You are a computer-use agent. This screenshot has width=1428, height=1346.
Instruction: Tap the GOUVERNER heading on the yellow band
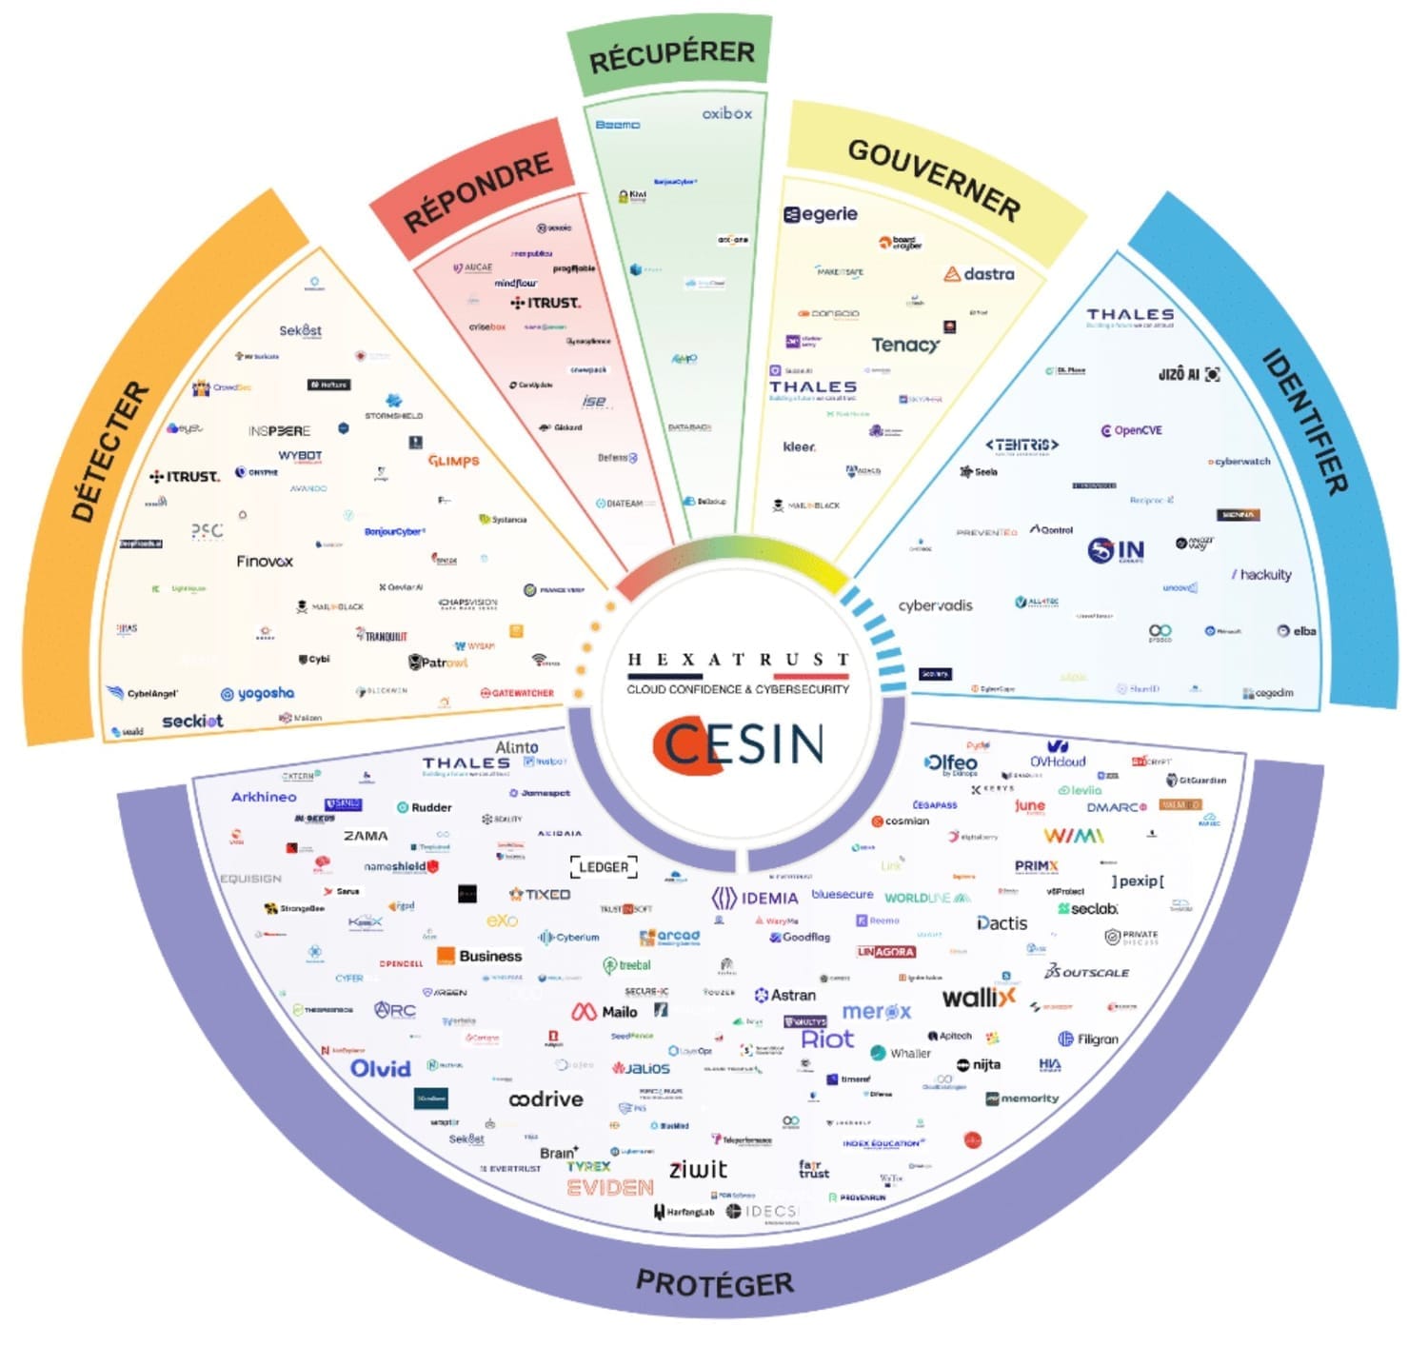click(x=933, y=178)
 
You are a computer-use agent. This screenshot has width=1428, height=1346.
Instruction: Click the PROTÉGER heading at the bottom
click(x=714, y=1283)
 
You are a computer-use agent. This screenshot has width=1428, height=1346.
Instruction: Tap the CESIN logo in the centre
click(x=739, y=744)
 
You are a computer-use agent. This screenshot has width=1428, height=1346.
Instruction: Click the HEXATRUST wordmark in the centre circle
click(x=738, y=660)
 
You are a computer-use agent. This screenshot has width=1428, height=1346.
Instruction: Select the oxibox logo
click(x=727, y=113)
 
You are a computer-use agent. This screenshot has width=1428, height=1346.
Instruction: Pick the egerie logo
click(x=821, y=214)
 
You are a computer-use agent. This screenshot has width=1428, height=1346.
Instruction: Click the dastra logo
click(x=980, y=274)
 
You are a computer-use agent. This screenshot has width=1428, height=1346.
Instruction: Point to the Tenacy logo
click(x=905, y=345)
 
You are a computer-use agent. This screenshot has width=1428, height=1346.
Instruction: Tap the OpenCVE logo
click(x=1132, y=430)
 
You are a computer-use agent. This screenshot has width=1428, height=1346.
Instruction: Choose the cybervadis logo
click(x=935, y=605)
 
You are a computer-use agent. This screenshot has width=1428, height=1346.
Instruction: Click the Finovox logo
click(x=265, y=562)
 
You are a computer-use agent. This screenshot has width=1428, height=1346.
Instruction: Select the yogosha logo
click(x=257, y=694)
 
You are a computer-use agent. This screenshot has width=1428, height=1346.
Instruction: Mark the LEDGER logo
click(x=604, y=867)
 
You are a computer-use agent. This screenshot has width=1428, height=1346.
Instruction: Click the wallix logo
click(x=979, y=998)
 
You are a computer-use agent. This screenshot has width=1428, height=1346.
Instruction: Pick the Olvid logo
click(x=381, y=1069)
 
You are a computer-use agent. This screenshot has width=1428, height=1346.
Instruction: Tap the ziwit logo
click(x=698, y=1170)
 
